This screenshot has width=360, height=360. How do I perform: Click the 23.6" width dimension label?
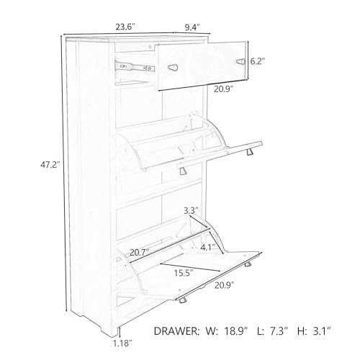(125, 27)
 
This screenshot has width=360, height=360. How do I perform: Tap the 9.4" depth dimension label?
(192, 27)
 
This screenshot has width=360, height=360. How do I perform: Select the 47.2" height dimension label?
(50, 165)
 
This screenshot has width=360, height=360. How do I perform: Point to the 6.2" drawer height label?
(258, 62)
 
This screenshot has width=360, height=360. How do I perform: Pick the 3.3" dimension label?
(191, 211)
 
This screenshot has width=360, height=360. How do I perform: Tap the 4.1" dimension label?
(207, 247)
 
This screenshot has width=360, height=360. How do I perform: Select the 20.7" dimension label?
(140, 253)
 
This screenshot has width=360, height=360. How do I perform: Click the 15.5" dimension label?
(184, 273)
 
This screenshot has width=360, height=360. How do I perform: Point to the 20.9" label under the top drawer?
(224, 89)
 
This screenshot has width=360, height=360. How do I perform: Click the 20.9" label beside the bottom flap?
(225, 285)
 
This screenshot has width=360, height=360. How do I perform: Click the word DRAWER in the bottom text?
(176, 331)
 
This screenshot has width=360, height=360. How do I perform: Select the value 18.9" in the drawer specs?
(236, 331)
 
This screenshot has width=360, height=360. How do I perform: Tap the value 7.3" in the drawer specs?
(279, 331)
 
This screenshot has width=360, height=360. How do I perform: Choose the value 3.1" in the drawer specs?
(322, 331)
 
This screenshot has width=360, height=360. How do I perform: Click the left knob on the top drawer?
(173, 68)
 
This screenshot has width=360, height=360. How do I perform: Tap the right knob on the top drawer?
(240, 62)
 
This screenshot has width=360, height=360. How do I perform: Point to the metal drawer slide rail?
(135, 66)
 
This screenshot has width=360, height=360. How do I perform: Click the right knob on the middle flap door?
(250, 152)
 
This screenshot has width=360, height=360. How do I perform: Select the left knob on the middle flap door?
(183, 171)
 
